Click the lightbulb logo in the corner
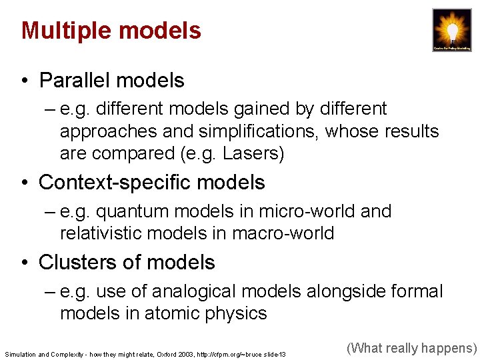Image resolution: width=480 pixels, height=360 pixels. point(452,30)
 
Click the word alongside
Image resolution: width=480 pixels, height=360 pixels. point(334,292)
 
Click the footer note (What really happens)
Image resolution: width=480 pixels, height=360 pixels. point(412,347)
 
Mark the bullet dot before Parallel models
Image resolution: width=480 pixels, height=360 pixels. point(24,81)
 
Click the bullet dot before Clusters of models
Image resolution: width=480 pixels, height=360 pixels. point(24,263)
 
